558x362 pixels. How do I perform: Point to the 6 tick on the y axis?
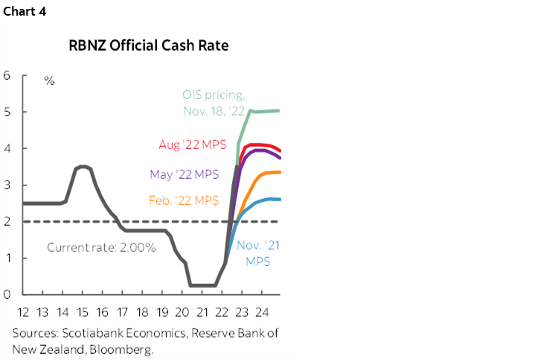pyautogui.click(x=7, y=75)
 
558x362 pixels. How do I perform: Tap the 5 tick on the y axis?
pyautogui.click(x=7, y=112)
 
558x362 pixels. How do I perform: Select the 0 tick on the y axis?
pyautogui.click(x=7, y=294)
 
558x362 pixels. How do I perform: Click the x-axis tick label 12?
pyautogui.click(x=23, y=311)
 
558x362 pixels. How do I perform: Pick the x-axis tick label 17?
pyautogui.click(x=122, y=311)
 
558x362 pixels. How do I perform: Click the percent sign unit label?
pyautogui.click(x=49, y=80)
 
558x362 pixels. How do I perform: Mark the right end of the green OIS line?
pyautogui.click(x=279, y=111)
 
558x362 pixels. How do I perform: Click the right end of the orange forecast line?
pyautogui.click(x=280, y=172)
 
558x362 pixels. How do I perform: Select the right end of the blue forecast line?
pyautogui.click(x=280, y=199)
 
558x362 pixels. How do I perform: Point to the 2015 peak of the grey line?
pyautogui.click(x=83, y=167)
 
